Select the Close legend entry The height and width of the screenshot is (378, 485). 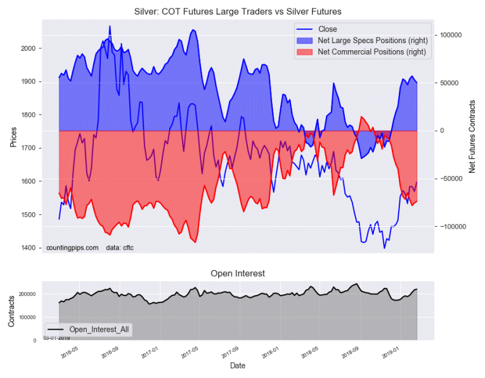point(328,29)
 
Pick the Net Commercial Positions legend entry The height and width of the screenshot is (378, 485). point(372,52)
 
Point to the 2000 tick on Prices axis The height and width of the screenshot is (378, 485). point(29,49)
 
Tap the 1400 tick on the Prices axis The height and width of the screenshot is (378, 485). point(29,248)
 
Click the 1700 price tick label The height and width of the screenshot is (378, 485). point(29,149)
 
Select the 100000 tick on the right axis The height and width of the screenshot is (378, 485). point(452,35)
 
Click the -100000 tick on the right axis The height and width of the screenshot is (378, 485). point(453,227)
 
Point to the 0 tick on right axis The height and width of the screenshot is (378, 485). point(442,131)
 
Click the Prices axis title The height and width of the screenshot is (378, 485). point(12,135)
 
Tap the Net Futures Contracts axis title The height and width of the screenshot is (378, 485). point(472,136)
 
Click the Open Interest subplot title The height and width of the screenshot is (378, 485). point(238,273)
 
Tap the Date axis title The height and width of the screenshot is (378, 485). point(237,366)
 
